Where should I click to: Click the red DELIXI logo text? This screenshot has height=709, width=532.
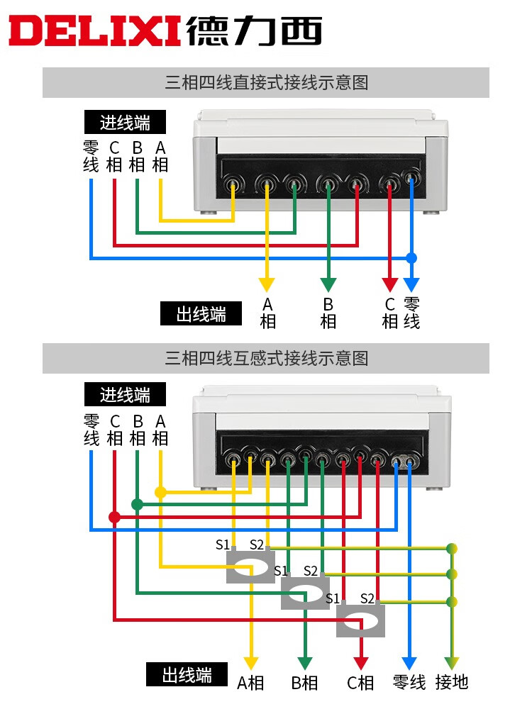pyautogui.click(x=96, y=32)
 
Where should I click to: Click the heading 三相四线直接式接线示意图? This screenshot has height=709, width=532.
pyautogui.click(x=266, y=82)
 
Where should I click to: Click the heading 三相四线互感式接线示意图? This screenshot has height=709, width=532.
pyautogui.click(x=266, y=358)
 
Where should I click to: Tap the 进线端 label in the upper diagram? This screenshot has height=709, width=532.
pyautogui.click(x=125, y=123)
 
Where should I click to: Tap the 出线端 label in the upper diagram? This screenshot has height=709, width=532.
pyautogui.click(x=201, y=313)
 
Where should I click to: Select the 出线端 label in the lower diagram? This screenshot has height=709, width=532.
pyautogui.click(x=187, y=674)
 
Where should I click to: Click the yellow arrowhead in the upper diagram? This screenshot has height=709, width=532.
pyautogui.click(x=267, y=285)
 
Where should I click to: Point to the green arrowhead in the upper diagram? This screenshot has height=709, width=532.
pyautogui.click(x=328, y=285)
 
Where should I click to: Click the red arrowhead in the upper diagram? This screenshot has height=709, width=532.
pyautogui.click(x=389, y=285)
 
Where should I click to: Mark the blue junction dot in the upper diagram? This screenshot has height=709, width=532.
pyautogui.click(x=411, y=257)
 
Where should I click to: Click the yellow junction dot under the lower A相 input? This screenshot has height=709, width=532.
pyautogui.click(x=160, y=492)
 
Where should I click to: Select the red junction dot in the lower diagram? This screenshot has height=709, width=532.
pyautogui.click(x=114, y=517)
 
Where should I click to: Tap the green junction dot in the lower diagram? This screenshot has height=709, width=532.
pyautogui.click(x=137, y=504)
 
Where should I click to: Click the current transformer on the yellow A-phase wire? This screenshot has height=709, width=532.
pyautogui.click(x=250, y=567)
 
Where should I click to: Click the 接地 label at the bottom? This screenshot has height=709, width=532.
pyautogui.click(x=452, y=682)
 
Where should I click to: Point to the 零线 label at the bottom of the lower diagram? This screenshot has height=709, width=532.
pyautogui.click(x=409, y=682)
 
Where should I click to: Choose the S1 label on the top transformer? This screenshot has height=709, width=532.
pyautogui.click(x=223, y=545)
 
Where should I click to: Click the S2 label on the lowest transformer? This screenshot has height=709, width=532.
pyautogui.click(x=367, y=598)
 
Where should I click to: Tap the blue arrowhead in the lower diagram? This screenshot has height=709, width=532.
pyautogui.click(x=409, y=664)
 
